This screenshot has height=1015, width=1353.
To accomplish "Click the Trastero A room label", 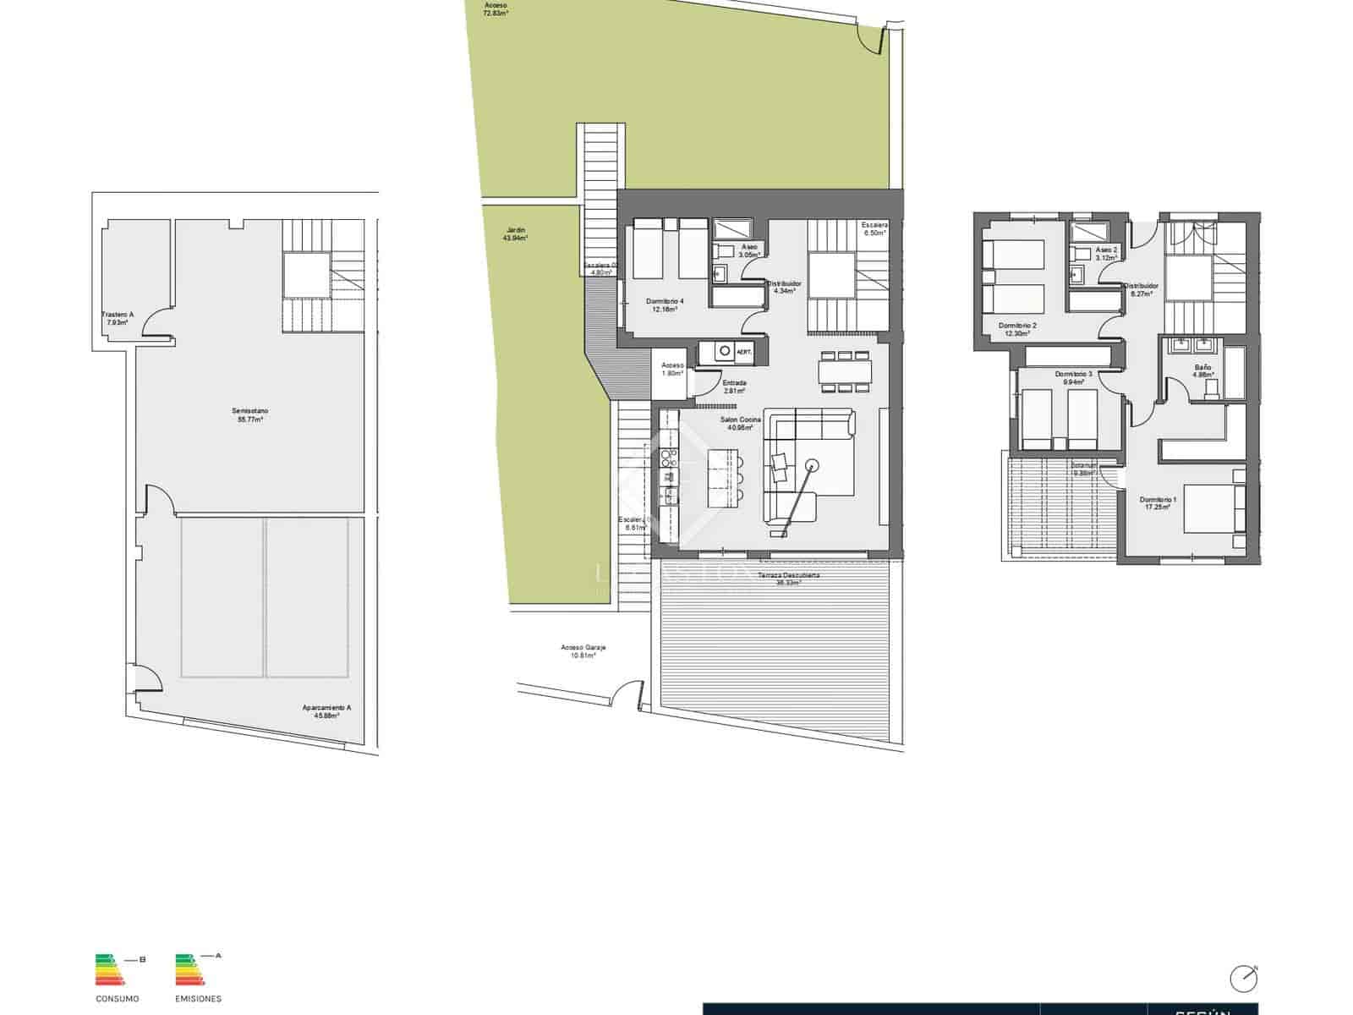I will pos(117,318).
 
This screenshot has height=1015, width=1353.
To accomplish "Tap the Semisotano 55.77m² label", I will pos(250,414).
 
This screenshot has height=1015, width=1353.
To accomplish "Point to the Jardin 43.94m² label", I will pos(515,233).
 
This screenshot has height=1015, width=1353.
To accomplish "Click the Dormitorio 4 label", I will pos(665,304).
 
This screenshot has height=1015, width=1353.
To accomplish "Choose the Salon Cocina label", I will pos(741,423).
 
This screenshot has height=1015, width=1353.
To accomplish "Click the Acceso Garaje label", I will pos(583,651).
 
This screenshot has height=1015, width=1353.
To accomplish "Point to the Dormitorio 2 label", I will pos(1017,329).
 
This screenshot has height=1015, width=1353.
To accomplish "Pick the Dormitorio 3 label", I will pos(1073,377).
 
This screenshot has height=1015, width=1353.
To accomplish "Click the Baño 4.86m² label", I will pos(1203,370).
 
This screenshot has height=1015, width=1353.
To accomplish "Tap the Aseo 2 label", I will pos(1106,254).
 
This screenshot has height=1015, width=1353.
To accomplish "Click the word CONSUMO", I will pos(117,999).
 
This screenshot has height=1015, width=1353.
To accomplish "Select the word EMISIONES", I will pos(198,999).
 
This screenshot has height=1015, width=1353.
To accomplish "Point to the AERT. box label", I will pos(744,351).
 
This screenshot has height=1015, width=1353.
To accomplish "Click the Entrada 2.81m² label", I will pos(734,387).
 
